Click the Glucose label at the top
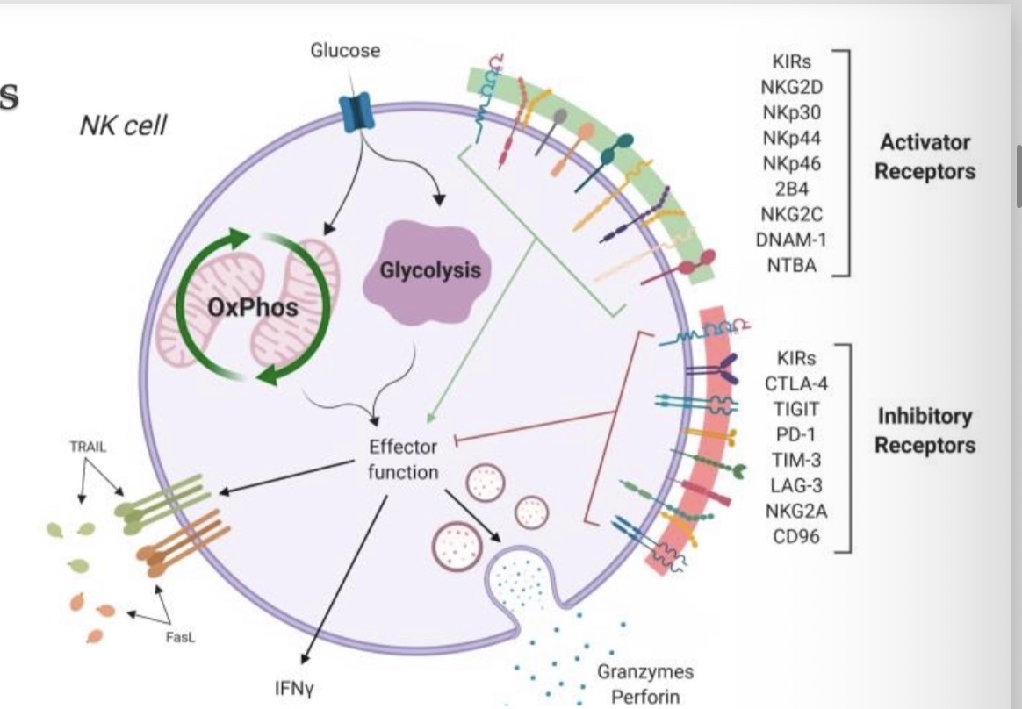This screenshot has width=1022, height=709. click(345, 50)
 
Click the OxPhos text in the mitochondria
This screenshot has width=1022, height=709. click(253, 307)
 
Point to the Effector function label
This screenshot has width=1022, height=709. click(402, 459)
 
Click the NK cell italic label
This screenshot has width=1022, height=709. click(122, 126)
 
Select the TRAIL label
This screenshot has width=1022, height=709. click(87, 447)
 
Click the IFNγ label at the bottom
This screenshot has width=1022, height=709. click(295, 687)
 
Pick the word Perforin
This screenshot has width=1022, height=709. click(645, 698)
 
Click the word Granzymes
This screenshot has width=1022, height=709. click(645, 672)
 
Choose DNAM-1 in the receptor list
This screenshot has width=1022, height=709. click(792, 239)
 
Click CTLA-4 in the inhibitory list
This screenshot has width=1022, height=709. click(796, 383)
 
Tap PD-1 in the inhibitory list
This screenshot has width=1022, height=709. click(796, 433)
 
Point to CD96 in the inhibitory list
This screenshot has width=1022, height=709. click(796, 535)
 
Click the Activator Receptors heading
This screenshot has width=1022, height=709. click(924, 156)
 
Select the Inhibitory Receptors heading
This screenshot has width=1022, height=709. click(924, 430)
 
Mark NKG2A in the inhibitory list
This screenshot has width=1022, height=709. click(796, 510)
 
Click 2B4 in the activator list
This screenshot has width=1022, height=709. click(792, 188)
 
